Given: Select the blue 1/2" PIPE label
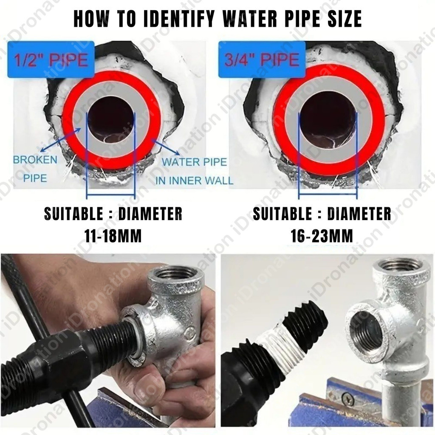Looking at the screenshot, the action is coord(51,59).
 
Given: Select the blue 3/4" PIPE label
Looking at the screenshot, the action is coord(262,59).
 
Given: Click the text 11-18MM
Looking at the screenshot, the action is coord(113,236).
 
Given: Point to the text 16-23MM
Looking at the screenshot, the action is coord(322,236).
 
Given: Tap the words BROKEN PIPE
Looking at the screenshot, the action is coord(35,168).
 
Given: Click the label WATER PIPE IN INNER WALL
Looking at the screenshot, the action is coord(194,171).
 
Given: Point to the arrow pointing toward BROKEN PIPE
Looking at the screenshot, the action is coord(61,139).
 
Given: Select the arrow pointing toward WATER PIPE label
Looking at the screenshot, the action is coord(166,147).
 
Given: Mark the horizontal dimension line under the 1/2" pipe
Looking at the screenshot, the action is coord(111,194).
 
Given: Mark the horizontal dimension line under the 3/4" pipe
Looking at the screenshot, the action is coord(328,194).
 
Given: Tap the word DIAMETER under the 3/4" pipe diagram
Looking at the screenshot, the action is coord(359,214).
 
